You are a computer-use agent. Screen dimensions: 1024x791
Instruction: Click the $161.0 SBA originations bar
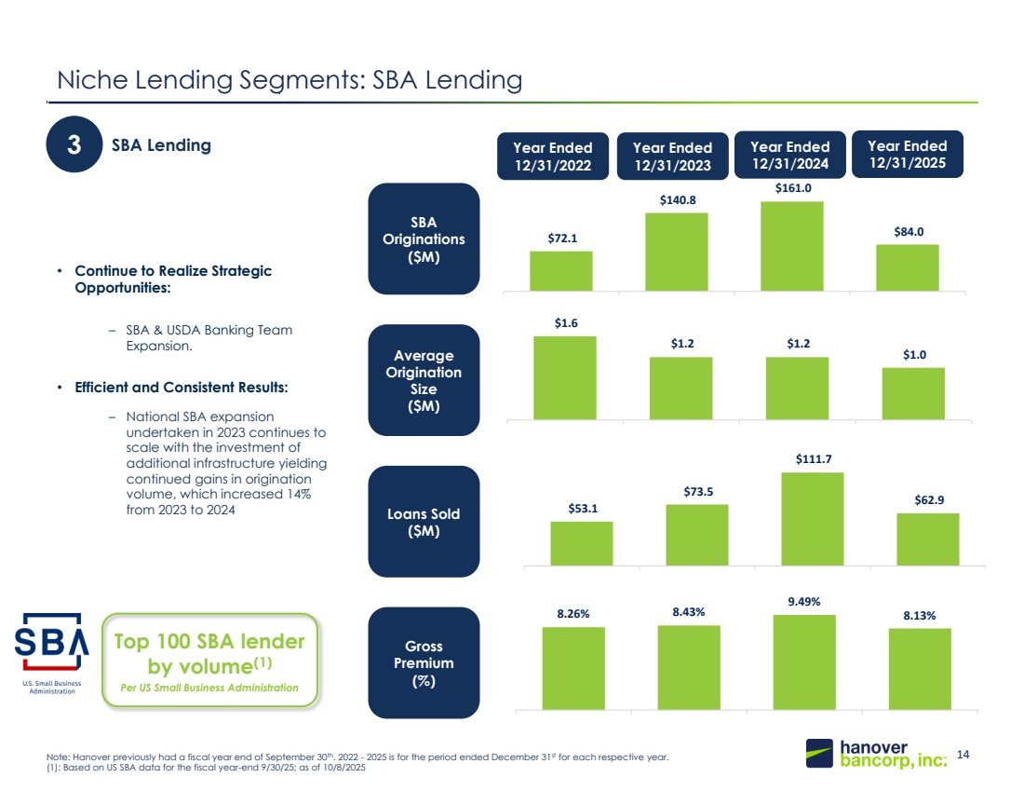tap(791, 246)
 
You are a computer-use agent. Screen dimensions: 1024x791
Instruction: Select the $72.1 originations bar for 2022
tap(561, 270)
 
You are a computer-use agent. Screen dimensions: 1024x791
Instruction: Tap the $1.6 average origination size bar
tap(565, 378)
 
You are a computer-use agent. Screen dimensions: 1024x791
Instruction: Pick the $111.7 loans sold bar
tap(813, 519)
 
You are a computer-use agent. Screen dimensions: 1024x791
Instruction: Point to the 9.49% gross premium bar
tap(804, 662)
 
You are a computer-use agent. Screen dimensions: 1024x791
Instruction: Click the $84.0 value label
tap(909, 231)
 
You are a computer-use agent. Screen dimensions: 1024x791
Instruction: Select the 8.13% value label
tap(920, 615)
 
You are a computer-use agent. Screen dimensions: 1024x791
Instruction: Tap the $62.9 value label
tap(929, 500)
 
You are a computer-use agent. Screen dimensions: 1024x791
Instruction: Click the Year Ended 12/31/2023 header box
tap(673, 157)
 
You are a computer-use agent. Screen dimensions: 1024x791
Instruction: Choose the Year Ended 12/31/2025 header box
tap(908, 155)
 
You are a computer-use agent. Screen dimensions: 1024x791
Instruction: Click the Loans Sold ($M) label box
tap(424, 522)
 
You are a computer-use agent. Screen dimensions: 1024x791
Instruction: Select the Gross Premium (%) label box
tap(424, 662)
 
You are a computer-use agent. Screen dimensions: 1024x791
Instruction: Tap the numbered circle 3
tap(74, 144)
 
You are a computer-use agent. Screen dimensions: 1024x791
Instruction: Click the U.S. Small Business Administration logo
tap(51, 653)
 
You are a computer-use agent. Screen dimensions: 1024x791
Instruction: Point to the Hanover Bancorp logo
tap(876, 754)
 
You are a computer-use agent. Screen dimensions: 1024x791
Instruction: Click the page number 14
tap(963, 755)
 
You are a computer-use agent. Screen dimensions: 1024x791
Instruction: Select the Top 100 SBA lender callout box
tap(209, 661)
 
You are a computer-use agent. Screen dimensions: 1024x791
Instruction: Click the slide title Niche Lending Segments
tap(290, 80)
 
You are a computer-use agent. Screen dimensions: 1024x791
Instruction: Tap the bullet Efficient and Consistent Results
tap(181, 388)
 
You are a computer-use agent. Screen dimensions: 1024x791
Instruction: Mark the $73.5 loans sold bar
tap(697, 535)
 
